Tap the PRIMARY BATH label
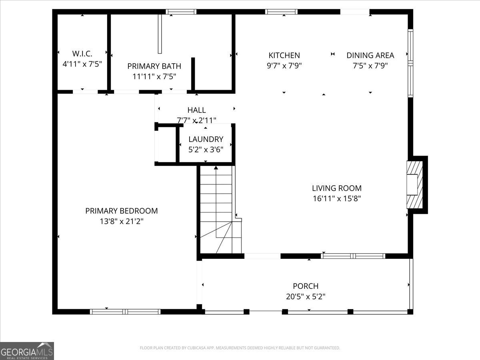tap(154, 66)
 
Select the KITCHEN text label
tap(284, 56)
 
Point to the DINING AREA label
tap(370, 56)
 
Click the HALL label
tap(196, 110)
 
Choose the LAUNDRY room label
tap(206, 139)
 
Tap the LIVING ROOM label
tap(336, 188)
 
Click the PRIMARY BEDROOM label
tap(121, 211)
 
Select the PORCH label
tap(306, 286)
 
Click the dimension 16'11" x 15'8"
tap(336, 198)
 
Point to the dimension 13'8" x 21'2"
tap(121, 221)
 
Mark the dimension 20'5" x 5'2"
tap(306, 296)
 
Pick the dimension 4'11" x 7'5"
tap(82, 64)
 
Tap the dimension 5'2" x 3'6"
tap(206, 149)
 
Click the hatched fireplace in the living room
tap(414, 184)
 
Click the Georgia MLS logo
tap(27, 351)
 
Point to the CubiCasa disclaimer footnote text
tap(240, 348)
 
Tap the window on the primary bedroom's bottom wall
tap(125, 312)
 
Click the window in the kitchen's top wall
tap(282, 12)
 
